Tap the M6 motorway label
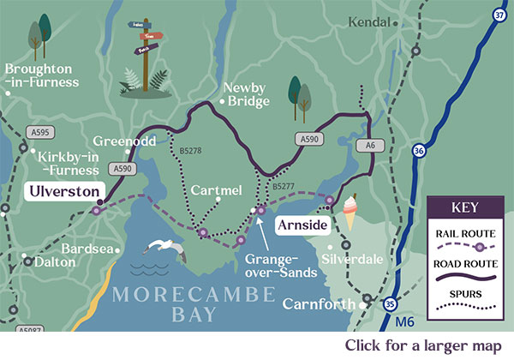pyautogui.click(x=410, y=322)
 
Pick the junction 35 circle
pyautogui.click(x=391, y=303)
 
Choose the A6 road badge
pyautogui.click(x=369, y=147)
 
